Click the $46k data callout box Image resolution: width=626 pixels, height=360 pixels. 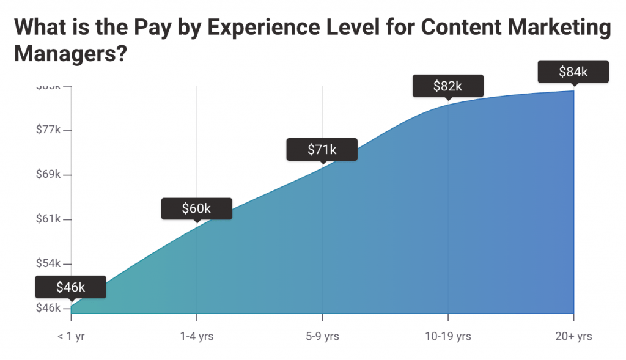(x=70, y=287)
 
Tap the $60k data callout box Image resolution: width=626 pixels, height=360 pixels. (x=196, y=208)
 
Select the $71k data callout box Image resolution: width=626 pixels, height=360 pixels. (x=322, y=149)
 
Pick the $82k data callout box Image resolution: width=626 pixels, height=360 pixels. (x=447, y=86)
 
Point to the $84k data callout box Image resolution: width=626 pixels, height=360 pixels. (x=573, y=72)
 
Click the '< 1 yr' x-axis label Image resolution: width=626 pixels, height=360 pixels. (x=71, y=336)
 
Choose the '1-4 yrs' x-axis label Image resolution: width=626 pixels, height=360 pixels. (x=196, y=336)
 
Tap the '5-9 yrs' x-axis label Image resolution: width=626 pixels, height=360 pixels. (x=322, y=336)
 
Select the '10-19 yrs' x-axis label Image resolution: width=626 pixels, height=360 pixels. (x=448, y=336)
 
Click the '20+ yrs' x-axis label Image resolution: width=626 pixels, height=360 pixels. (x=573, y=336)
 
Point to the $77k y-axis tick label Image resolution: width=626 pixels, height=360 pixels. (x=48, y=130)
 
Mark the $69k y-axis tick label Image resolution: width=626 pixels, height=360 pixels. (x=48, y=175)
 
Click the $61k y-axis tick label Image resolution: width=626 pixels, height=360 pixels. (x=48, y=219)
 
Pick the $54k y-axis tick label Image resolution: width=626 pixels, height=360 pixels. (x=48, y=263)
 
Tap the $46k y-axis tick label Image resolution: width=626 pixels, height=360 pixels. (x=48, y=308)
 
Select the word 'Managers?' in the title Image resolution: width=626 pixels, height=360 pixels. (x=70, y=54)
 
